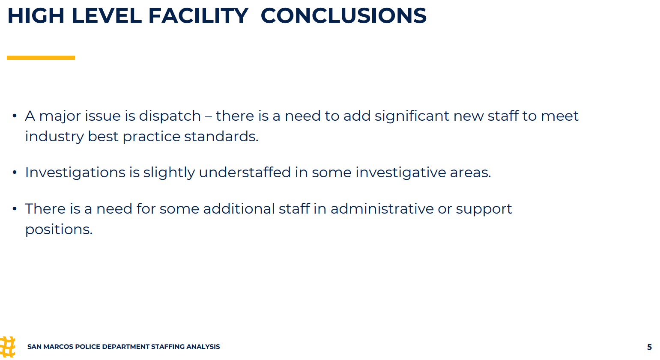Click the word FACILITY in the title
pyautogui.click(x=198, y=15)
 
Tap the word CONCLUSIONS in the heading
pyautogui.click(x=343, y=15)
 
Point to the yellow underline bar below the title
pyautogui.click(x=41, y=58)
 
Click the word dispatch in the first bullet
pyautogui.click(x=170, y=116)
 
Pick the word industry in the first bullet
pyautogui.click(x=54, y=137)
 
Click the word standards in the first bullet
pyautogui.click(x=221, y=137)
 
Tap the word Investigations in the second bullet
pyautogui.click(x=75, y=173)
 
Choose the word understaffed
pyautogui.click(x=245, y=173)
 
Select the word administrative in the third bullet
pyautogui.click(x=382, y=209)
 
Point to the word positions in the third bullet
pyautogui.click(x=59, y=230)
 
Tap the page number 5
pyautogui.click(x=649, y=347)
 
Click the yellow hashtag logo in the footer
pyautogui.click(x=7, y=347)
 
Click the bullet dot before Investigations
pyautogui.click(x=15, y=173)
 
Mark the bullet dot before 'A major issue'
pyautogui.click(x=15, y=116)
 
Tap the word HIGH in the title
pyautogui.click(x=36, y=15)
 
